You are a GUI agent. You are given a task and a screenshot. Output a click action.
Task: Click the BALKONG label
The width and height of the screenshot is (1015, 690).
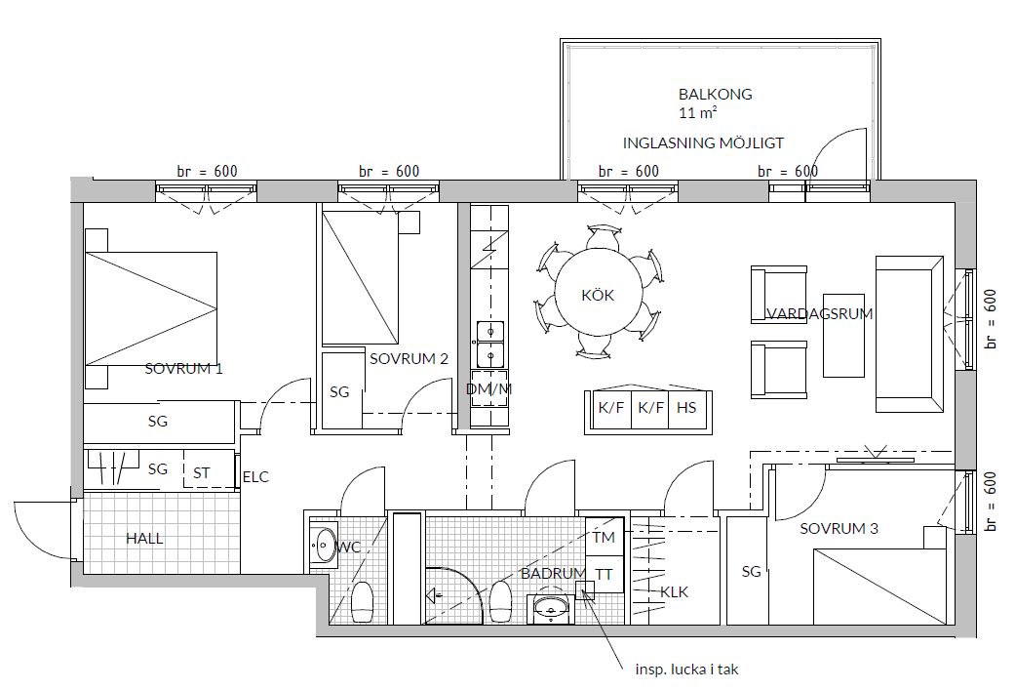(715, 94)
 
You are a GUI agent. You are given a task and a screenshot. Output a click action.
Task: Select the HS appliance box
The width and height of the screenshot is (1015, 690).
(686, 408)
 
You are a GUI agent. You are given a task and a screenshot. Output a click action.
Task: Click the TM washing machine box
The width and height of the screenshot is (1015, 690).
(604, 537)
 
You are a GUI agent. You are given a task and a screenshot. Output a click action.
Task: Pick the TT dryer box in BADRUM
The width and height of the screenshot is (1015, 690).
(604, 574)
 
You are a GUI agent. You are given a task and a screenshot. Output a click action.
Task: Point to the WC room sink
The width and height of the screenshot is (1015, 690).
(323, 545)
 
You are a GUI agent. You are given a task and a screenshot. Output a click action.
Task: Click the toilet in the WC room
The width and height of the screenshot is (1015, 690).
(363, 602)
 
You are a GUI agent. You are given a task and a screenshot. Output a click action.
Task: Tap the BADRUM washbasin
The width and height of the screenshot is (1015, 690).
(550, 609)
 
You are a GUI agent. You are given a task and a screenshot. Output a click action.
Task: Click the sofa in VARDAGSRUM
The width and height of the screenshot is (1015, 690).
(909, 334)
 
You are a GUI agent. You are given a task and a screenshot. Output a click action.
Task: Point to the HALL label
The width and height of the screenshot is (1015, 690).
(144, 539)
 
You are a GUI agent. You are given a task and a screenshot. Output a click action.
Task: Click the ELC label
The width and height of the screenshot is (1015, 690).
(255, 477)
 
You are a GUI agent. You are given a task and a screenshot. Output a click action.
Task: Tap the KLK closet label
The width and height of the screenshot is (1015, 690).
(674, 592)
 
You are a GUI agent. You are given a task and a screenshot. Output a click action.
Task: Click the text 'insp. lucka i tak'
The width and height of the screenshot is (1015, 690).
(686, 670)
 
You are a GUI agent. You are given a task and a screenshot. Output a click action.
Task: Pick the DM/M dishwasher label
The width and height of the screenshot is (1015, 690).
(488, 388)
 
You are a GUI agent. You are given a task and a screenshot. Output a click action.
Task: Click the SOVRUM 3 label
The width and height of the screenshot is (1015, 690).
(839, 529)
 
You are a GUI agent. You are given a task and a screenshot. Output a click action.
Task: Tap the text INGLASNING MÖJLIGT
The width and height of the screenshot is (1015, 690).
(703, 143)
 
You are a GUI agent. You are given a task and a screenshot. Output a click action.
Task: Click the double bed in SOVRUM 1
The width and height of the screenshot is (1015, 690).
(151, 308)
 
